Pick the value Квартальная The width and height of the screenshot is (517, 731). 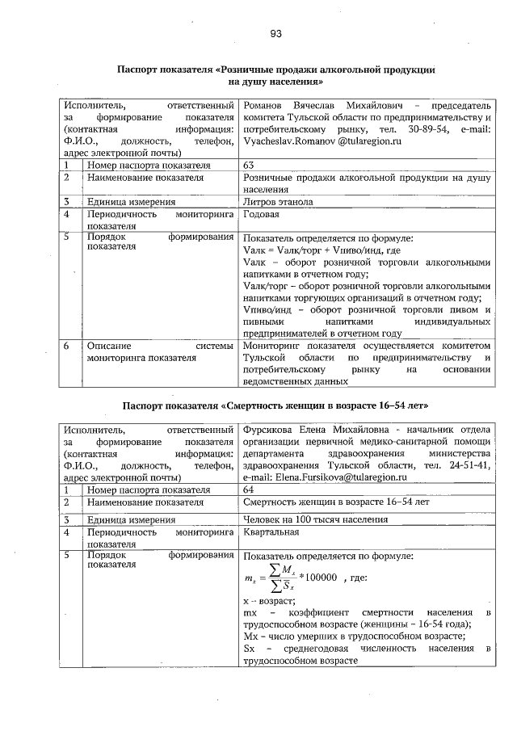pos(271,532)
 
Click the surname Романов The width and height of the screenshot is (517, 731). pos(266,106)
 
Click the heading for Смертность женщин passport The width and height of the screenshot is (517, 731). pos(275,403)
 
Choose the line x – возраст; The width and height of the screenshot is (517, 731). pos(269,602)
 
